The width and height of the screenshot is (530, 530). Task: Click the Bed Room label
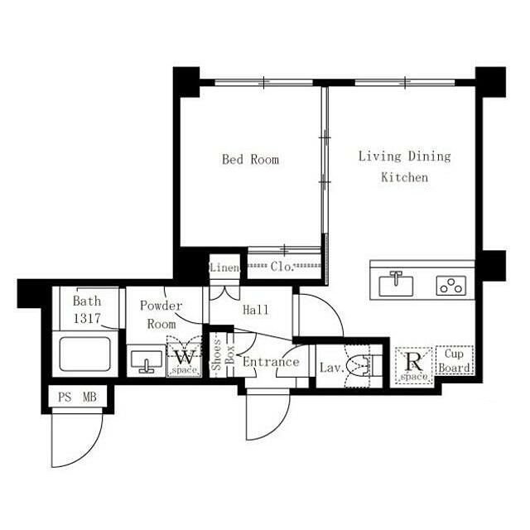click(x=250, y=159)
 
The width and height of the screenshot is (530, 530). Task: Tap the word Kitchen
click(x=405, y=177)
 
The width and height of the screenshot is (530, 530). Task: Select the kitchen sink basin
click(x=396, y=285)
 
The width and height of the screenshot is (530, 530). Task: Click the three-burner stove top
click(x=450, y=286)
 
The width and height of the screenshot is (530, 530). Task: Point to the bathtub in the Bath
click(x=84, y=354)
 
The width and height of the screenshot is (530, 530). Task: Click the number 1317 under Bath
click(x=87, y=318)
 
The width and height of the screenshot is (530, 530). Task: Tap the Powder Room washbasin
click(x=147, y=361)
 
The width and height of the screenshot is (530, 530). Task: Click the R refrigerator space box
click(x=414, y=366)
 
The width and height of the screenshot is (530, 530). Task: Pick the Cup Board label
click(x=455, y=360)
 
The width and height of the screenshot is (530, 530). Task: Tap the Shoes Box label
click(x=223, y=354)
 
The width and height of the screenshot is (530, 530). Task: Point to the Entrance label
click(x=271, y=362)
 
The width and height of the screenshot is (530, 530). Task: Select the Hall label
click(x=256, y=310)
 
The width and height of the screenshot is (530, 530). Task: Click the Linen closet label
click(x=224, y=267)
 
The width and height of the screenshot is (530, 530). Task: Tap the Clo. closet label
click(x=282, y=267)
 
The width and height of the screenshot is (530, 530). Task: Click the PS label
click(x=65, y=397)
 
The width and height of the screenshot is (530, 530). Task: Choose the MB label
click(x=90, y=397)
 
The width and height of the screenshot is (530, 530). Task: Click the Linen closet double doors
click(x=224, y=293)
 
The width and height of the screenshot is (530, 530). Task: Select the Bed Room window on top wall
click(x=264, y=82)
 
